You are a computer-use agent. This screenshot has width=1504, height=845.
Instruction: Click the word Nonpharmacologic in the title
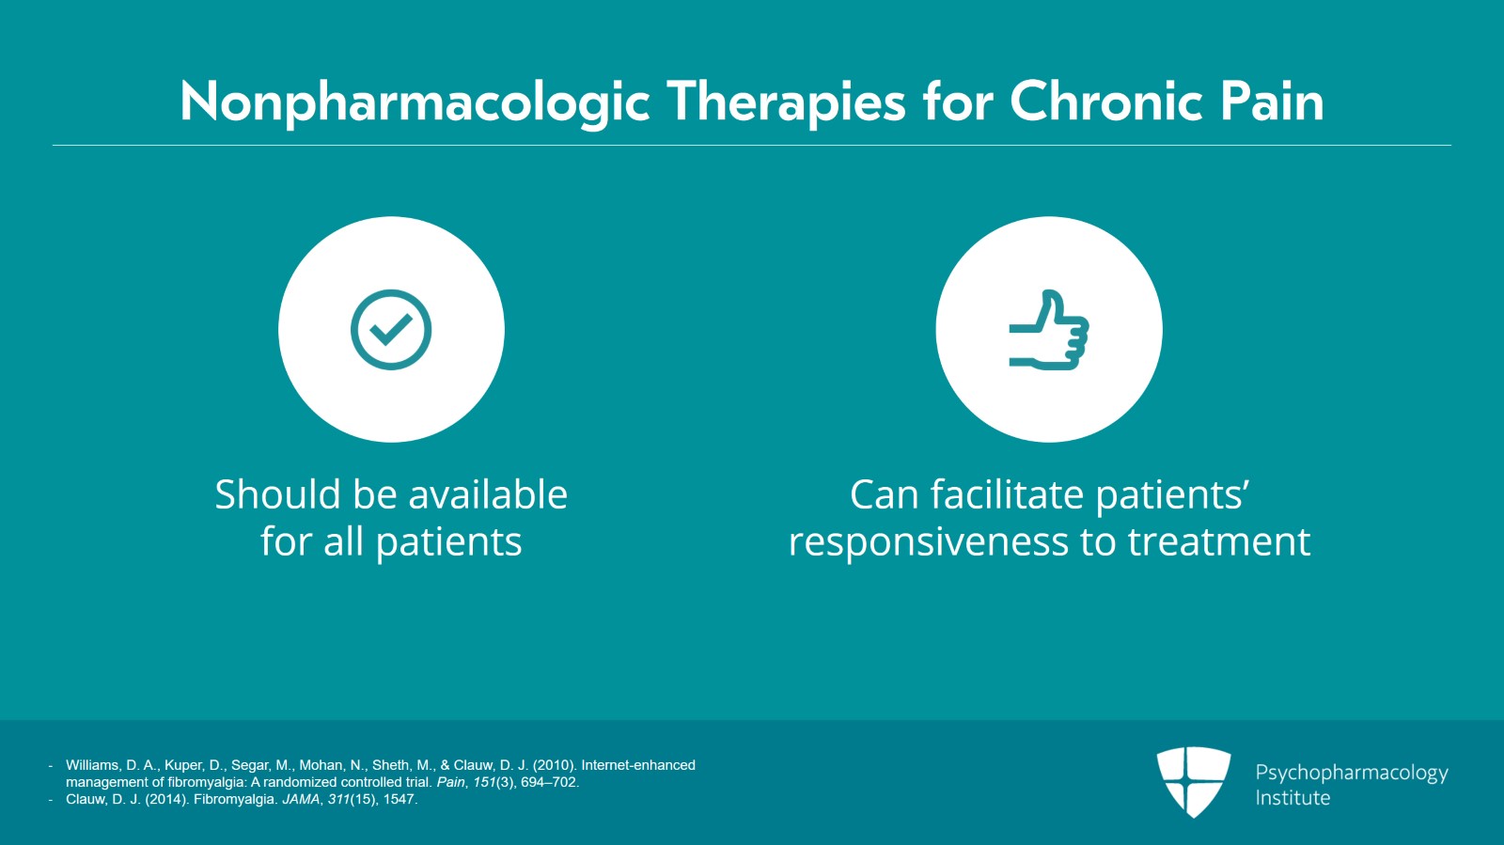415,102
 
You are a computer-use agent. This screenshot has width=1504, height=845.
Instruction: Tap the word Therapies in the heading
786,102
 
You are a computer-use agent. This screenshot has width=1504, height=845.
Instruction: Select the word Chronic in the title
1105,102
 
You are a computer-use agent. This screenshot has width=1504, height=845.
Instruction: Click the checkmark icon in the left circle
391,330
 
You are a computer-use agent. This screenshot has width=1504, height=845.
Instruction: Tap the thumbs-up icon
1049,330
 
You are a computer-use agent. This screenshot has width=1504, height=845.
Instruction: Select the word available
488,494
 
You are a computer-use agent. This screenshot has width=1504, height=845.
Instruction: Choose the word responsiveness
929,542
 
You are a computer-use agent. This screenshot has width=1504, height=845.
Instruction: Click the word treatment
1218,542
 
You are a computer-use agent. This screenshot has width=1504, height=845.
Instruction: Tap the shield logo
1193,782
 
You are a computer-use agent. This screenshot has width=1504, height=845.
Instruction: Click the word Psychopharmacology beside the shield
1352,774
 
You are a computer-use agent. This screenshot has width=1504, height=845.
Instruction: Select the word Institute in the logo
1292,798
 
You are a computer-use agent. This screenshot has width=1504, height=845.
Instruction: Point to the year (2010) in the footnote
555,765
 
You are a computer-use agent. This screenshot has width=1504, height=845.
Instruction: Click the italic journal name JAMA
301,799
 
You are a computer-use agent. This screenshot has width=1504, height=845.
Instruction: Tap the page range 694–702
549,783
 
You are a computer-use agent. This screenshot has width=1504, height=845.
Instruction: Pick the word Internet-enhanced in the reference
638,765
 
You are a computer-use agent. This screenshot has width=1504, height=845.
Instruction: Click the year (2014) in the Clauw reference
167,799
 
